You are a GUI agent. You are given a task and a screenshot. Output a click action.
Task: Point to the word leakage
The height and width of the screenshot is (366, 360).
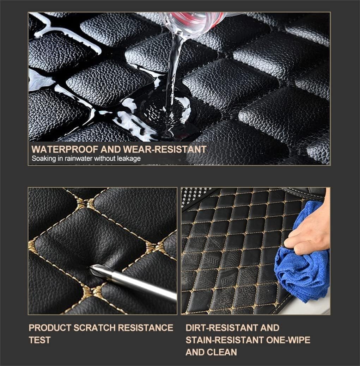tap(129, 159)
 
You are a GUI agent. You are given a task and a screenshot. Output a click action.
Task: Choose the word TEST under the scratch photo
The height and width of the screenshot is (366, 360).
tap(39, 340)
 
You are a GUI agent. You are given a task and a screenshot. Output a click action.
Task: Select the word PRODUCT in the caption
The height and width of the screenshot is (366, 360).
tap(49, 328)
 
